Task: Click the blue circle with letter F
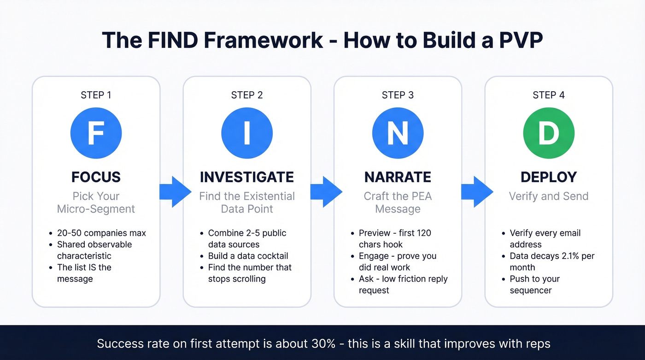point(96,133)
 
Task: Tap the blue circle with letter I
point(247,133)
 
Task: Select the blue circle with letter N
point(398,133)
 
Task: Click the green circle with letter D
point(549,133)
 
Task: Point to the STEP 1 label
point(96,95)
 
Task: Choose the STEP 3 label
point(398,95)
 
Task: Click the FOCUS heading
point(96,177)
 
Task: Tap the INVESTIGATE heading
point(247,177)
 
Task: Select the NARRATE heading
point(398,177)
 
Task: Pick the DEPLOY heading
point(549,177)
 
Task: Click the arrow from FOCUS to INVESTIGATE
point(175,191)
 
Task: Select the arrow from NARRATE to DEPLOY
point(476,191)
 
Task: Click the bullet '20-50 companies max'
point(101,233)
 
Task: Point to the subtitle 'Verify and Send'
point(549,196)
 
